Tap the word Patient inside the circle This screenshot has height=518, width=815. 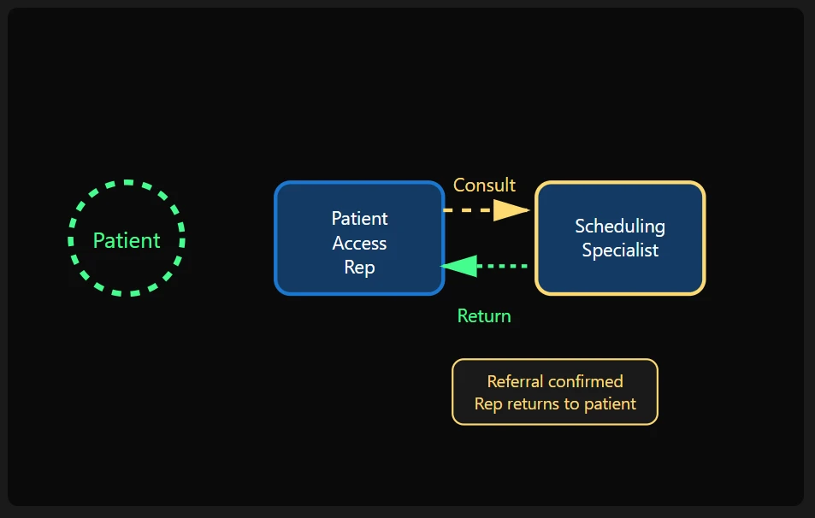(127, 240)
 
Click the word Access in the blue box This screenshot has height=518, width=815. (359, 244)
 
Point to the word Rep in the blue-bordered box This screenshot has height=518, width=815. (359, 268)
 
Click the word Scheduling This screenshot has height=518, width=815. (620, 227)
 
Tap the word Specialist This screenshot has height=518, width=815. (620, 250)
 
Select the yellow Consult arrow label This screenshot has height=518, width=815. (484, 185)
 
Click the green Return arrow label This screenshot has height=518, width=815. (484, 316)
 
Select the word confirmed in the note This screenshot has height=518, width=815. (586, 381)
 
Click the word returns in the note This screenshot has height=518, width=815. (546, 403)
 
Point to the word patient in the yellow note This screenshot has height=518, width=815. (612, 403)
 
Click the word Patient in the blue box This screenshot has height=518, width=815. (359, 219)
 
